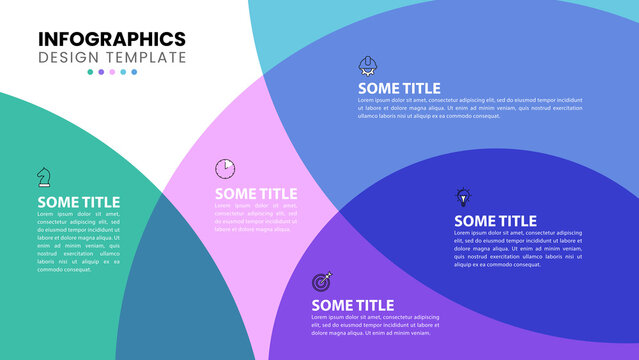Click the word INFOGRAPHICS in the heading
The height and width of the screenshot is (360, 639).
pos(112,39)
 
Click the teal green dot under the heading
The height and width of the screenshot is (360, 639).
pos(90,72)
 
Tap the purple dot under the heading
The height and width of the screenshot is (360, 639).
pos(101,72)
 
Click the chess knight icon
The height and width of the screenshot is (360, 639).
pos(44,176)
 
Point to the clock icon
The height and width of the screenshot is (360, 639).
pos(225,167)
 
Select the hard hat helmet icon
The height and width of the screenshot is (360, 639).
pos(368,66)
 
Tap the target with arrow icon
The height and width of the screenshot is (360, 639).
pos(322,281)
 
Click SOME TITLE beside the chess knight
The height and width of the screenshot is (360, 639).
pos(78,202)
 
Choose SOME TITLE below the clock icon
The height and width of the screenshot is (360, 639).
pos(255,194)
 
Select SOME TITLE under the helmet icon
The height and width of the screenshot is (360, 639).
pos(399,88)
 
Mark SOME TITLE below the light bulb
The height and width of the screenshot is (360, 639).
pos(495,221)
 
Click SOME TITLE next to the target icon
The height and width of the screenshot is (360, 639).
pos(352,306)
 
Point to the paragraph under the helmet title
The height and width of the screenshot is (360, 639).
pos(470,108)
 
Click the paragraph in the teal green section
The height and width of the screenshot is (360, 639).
pos(78,241)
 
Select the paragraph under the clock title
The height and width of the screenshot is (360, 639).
pos(255,217)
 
